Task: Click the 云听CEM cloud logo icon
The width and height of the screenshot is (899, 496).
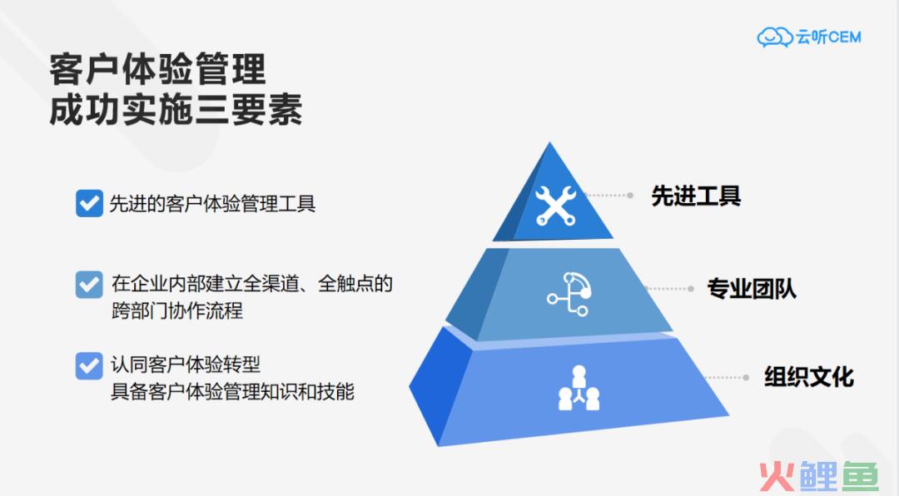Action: click(x=775, y=37)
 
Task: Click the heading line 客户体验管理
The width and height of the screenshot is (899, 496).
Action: click(x=157, y=69)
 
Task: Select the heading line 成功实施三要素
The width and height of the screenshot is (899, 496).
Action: click(x=176, y=110)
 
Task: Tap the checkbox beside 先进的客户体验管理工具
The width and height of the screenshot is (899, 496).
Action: click(x=89, y=203)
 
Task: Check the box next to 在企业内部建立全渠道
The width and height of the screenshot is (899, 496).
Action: click(x=89, y=285)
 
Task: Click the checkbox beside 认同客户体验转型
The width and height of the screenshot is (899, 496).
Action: click(x=89, y=366)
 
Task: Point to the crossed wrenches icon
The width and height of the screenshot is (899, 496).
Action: click(x=555, y=205)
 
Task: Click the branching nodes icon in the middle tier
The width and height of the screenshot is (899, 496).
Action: click(x=569, y=294)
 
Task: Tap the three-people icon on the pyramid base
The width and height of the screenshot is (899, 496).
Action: click(x=579, y=388)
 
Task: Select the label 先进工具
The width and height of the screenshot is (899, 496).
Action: click(x=696, y=196)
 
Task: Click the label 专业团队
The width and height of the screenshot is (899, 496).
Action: click(x=752, y=289)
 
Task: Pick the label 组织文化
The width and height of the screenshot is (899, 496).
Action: click(x=809, y=377)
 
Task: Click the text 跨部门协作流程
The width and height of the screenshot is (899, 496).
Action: click(x=177, y=310)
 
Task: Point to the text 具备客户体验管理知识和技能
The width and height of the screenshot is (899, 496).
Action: click(x=232, y=392)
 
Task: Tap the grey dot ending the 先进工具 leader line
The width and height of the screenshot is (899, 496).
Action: click(x=630, y=196)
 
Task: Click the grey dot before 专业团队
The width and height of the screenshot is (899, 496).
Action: click(x=691, y=289)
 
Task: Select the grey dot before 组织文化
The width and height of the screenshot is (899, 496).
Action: click(x=746, y=377)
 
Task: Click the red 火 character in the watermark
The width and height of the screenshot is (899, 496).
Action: click(x=777, y=476)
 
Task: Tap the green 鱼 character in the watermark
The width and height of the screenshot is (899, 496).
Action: click(x=858, y=477)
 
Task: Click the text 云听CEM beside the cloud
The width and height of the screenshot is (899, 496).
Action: click(x=828, y=37)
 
